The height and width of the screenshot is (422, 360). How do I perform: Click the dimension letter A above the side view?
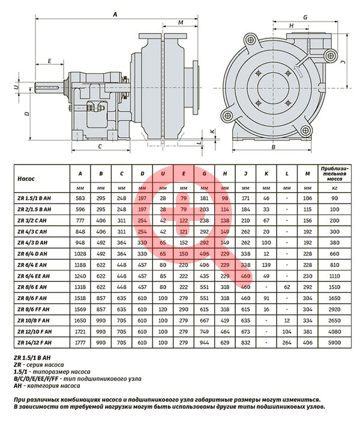click(x=115, y=14)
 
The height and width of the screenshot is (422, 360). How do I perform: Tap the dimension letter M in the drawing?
click(x=181, y=22)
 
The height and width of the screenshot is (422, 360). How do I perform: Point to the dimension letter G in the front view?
click(x=305, y=17)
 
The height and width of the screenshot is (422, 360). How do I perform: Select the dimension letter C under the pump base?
click(x=100, y=146)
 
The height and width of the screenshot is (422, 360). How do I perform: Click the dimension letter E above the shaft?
click(x=50, y=61)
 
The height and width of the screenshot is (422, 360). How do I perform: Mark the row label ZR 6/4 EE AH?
click(x=34, y=276)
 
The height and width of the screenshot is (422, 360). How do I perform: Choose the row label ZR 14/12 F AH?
click(x=34, y=343)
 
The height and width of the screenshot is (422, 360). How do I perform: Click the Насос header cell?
click(x=26, y=179)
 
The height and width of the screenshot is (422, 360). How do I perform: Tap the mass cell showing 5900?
click(x=334, y=343)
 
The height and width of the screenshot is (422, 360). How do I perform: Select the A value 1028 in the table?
click(x=80, y=254)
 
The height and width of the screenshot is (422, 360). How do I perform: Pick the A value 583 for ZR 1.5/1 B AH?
click(x=80, y=198)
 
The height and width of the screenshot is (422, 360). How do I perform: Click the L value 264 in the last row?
click(x=287, y=343)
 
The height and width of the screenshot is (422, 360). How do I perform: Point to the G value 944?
click(x=204, y=343)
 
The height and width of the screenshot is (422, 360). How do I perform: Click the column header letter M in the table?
click(x=308, y=173)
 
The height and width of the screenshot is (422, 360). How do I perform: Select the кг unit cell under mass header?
click(x=334, y=188)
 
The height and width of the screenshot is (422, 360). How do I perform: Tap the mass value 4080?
click(x=334, y=331)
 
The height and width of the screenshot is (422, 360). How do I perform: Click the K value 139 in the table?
click(x=266, y=265)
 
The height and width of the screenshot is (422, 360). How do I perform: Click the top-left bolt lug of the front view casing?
click(x=250, y=40)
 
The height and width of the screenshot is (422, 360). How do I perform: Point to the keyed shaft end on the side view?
click(x=49, y=88)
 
